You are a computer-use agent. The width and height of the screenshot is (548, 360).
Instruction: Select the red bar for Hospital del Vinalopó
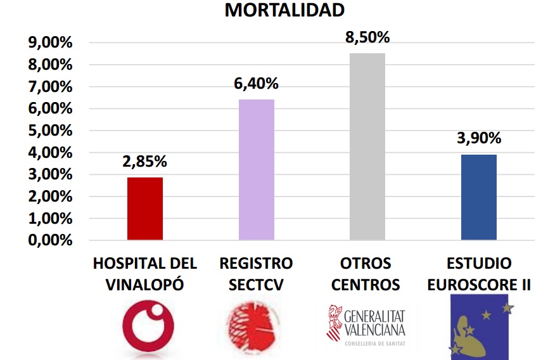(145, 209)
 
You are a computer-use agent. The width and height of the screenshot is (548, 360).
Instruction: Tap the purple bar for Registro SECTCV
(257, 170)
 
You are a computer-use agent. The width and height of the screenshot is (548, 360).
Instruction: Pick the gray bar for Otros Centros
(367, 146)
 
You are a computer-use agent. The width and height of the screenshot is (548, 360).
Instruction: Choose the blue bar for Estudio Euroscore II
(479, 197)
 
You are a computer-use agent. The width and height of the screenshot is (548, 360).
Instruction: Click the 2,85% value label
(145, 162)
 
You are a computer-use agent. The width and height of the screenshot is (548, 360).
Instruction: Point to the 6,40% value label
(257, 84)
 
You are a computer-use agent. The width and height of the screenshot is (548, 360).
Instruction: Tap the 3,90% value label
(479, 138)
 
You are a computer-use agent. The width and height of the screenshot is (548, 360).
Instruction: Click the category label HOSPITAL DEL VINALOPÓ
(145, 273)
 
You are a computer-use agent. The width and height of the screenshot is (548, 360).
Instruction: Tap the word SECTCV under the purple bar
(257, 285)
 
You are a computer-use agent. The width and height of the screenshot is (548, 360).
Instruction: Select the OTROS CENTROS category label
(367, 273)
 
